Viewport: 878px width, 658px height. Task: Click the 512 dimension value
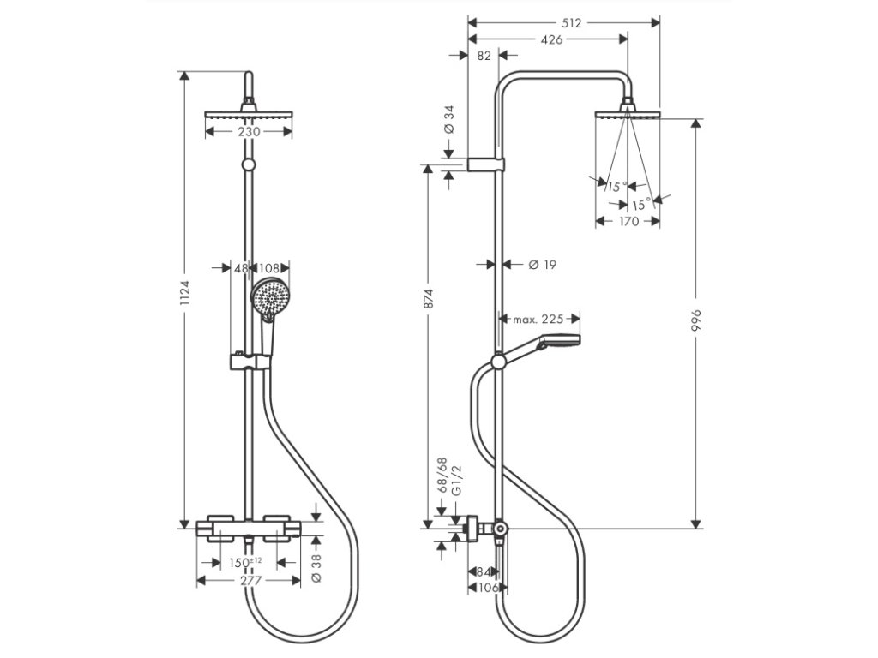tap(571, 23)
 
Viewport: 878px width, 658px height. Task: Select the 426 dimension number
tap(552, 39)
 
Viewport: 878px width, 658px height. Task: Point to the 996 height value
tap(696, 320)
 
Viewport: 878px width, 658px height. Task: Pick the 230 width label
tap(250, 131)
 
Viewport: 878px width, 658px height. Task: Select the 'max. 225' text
tap(538, 319)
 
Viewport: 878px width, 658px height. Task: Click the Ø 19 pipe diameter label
tap(543, 264)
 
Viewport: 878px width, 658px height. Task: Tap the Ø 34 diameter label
tap(448, 120)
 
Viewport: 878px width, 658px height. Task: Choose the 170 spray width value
tap(628, 221)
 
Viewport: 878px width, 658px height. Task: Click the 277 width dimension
tap(250, 580)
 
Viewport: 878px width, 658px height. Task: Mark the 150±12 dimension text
tap(246, 562)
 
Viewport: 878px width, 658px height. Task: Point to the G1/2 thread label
tap(456, 480)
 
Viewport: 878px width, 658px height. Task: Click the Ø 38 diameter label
tap(316, 569)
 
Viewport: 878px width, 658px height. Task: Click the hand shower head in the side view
tap(559, 341)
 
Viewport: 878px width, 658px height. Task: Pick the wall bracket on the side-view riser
tap(486, 164)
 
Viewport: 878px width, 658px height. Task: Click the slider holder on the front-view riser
tap(250, 361)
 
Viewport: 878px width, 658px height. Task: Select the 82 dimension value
tap(484, 56)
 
